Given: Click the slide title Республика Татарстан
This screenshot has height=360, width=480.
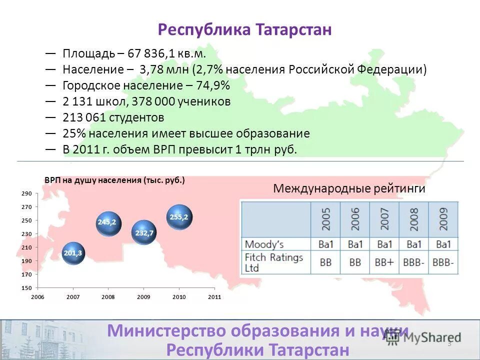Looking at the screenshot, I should (x=245, y=29).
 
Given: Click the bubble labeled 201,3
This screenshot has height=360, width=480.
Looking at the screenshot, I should (x=73, y=253).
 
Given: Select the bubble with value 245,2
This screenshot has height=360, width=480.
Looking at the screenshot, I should (x=107, y=222).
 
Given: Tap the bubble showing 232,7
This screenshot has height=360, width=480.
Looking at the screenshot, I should (x=144, y=232).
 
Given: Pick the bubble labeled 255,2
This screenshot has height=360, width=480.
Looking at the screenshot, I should (x=179, y=217).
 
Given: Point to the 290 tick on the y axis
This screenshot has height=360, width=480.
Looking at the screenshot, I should (x=27, y=193).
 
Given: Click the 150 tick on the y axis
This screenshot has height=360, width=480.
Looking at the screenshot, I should (x=27, y=288).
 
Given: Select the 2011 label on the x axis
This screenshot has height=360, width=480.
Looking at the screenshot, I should (x=214, y=297).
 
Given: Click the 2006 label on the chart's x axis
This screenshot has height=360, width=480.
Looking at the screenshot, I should (x=37, y=297).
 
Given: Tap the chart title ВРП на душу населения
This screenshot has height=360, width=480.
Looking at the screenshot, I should (x=114, y=180).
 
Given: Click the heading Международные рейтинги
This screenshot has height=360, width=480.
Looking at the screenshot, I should (x=349, y=188).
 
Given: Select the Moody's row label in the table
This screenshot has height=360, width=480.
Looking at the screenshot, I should (x=264, y=244).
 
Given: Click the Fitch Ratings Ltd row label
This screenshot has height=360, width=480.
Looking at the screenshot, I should (x=274, y=262).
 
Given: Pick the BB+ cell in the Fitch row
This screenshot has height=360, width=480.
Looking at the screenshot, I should (x=384, y=263).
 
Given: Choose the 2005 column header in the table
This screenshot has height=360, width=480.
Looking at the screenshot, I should (x=325, y=219).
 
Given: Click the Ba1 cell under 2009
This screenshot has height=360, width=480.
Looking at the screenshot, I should (x=443, y=244).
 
